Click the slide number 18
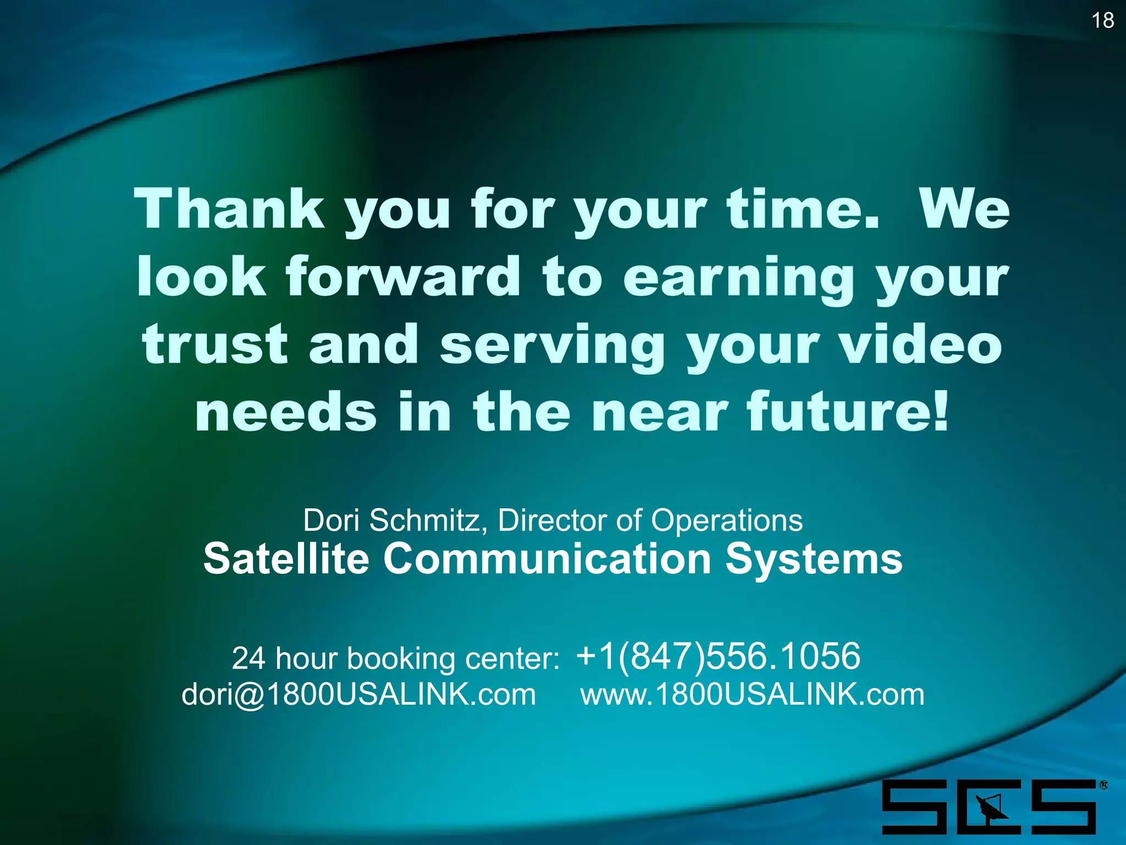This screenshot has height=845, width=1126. coord(1102,21)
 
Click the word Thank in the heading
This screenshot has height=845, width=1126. coord(229,209)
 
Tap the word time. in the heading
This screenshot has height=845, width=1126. coord(803,209)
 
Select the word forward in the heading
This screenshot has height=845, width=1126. coord(402,277)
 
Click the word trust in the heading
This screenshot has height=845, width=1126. coord(214,344)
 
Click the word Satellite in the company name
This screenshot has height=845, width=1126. coord(286,559)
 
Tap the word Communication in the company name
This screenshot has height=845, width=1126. coord(547,559)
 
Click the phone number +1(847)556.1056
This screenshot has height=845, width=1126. coord(717,656)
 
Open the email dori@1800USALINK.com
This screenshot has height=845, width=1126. coord(358,694)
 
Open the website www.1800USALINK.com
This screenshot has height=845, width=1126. coord(752,694)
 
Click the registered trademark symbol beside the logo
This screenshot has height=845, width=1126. coord(1103,786)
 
